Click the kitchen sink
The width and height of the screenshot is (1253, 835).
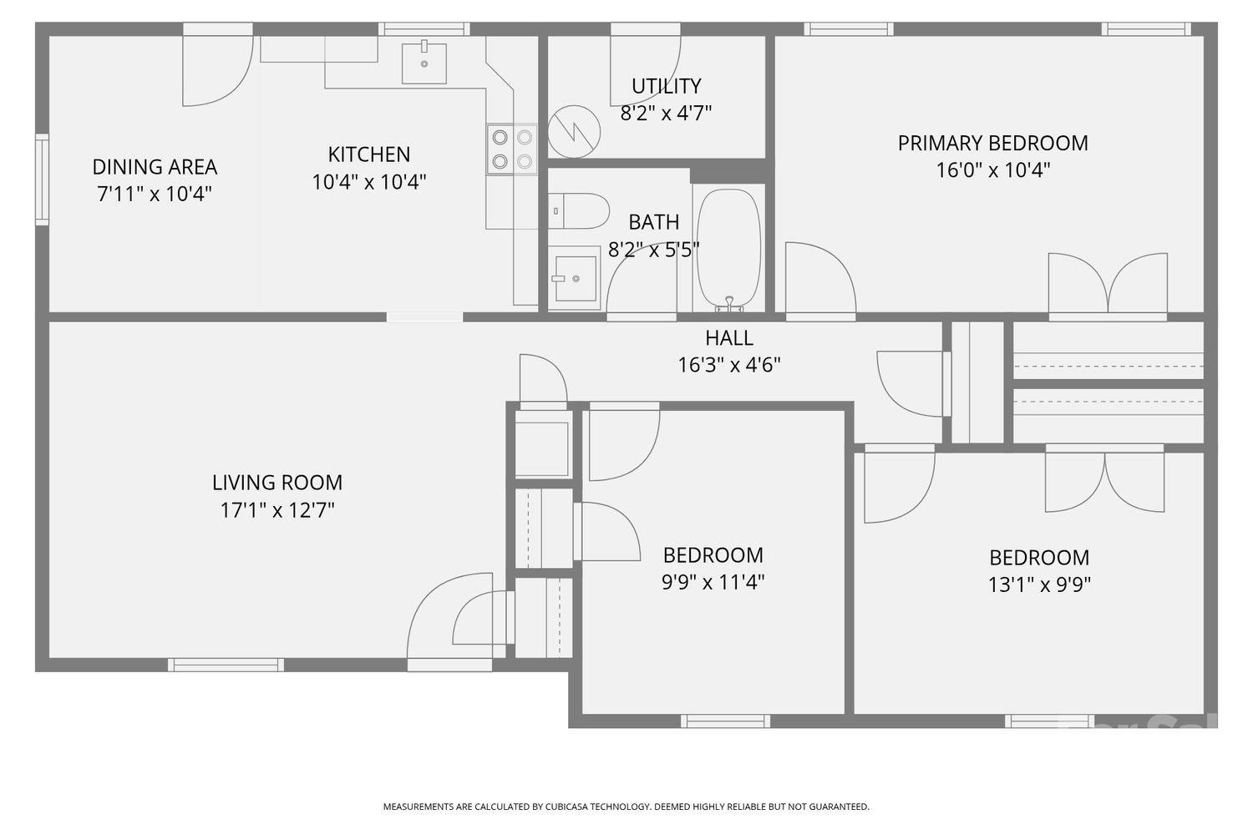point(424,63)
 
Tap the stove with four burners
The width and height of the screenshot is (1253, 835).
point(512,149)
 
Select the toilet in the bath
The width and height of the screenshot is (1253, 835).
point(578,210)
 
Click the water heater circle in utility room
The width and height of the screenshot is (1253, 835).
point(574,131)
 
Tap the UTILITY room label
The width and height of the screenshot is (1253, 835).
point(666,86)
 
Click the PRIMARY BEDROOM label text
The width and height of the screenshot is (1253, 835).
point(992,143)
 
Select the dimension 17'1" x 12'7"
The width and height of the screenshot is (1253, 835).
point(277,509)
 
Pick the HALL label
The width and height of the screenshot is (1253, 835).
point(728,338)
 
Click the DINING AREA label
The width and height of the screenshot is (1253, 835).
point(155,167)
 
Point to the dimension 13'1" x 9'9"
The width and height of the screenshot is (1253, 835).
point(1039,584)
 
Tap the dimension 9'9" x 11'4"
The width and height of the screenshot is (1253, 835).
point(713,582)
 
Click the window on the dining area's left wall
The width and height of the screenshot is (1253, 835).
point(42,180)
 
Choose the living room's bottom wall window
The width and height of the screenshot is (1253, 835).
point(226,665)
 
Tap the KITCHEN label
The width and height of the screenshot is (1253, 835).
point(368,154)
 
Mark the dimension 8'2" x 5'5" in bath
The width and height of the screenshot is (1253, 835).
point(653,250)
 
